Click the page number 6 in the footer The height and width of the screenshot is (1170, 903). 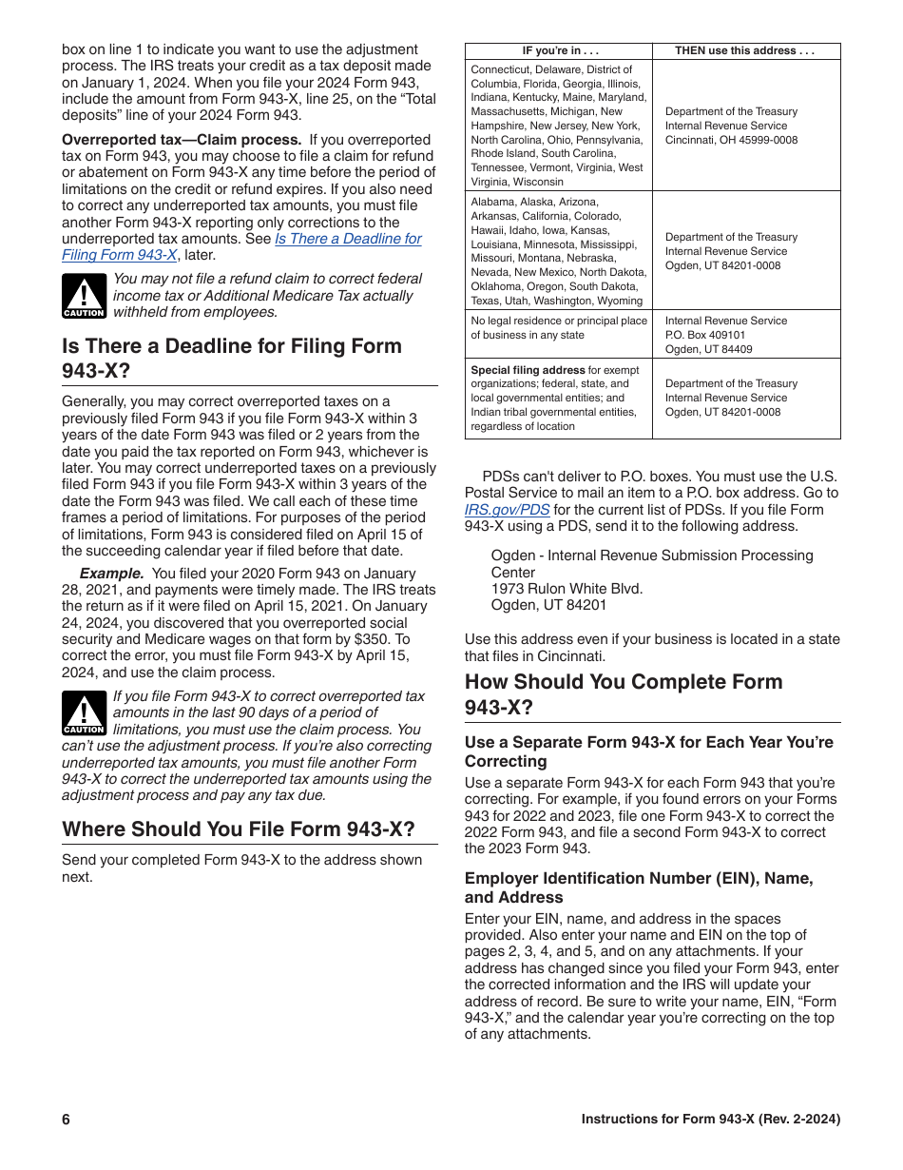coord(67,1120)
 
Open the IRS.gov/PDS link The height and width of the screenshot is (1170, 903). coord(507,510)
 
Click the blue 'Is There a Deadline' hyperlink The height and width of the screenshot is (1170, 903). coord(348,239)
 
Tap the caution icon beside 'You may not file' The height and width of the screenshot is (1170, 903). coord(84,296)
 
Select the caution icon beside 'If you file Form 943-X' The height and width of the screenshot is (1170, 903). coord(84,713)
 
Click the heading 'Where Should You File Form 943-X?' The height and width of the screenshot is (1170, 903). coord(239,829)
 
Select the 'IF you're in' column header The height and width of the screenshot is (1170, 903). coord(559,51)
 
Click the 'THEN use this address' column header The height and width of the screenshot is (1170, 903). coord(745,51)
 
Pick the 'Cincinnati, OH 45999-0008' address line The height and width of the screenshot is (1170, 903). coord(731,140)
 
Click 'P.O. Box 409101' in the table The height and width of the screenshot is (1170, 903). coord(705,335)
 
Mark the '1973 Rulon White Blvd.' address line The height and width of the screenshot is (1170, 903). coord(567,589)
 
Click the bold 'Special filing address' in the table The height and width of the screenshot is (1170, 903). coord(528,370)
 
